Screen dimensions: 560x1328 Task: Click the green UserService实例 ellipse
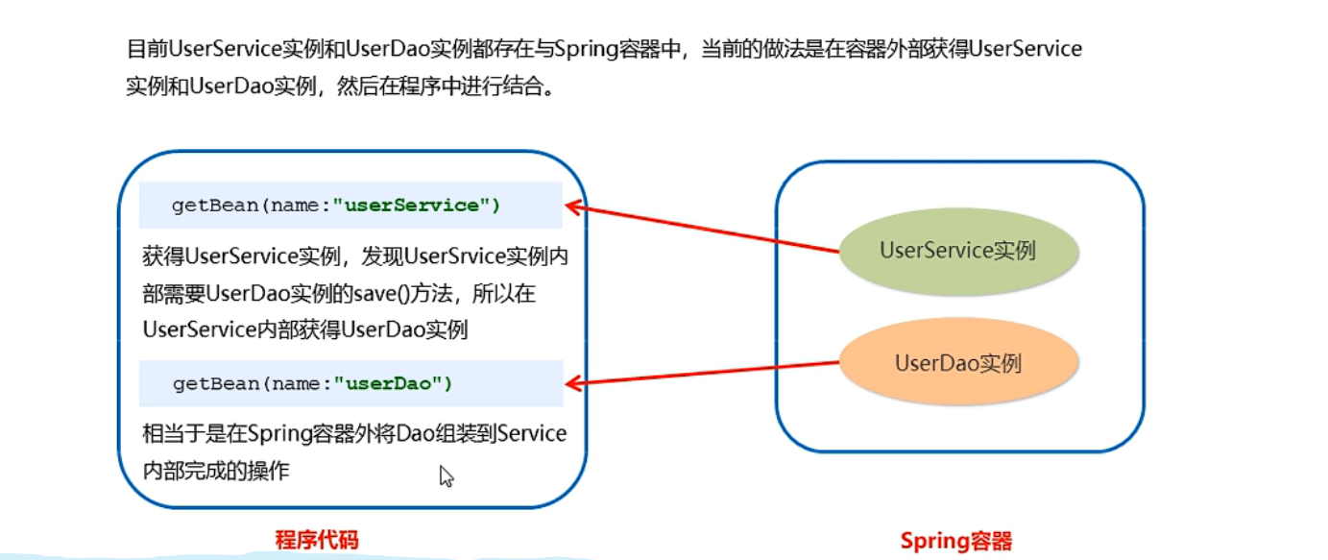tap(958, 251)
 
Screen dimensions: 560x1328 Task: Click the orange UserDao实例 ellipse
tap(958, 363)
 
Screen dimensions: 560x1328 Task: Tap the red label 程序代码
tap(316, 540)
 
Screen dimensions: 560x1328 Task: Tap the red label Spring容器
tap(955, 541)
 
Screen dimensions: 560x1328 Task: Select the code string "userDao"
tap(393, 383)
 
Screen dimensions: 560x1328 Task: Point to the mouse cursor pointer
tap(445, 475)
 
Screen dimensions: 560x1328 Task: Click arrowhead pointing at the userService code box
tap(574, 205)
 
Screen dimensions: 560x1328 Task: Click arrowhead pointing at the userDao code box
tap(574, 384)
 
